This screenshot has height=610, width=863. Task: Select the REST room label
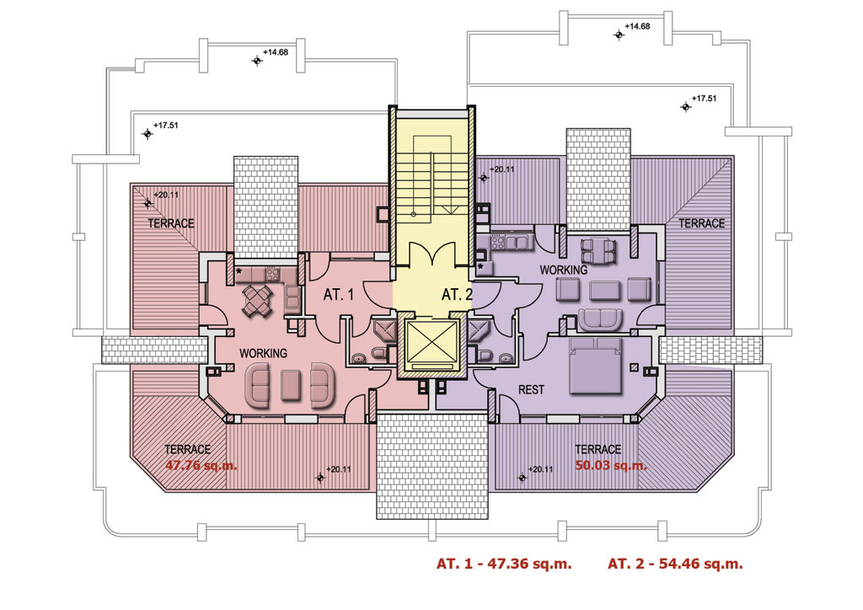[x=531, y=390]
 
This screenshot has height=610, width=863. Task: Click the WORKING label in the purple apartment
[x=564, y=270]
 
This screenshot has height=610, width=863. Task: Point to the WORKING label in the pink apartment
[x=263, y=352]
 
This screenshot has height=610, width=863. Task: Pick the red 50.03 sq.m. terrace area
[x=611, y=464]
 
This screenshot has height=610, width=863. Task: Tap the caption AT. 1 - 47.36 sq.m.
[x=504, y=564]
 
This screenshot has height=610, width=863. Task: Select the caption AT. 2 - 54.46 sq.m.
[x=675, y=564]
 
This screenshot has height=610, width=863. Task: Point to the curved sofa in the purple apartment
[x=599, y=318]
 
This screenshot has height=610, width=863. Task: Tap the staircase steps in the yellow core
[x=431, y=181]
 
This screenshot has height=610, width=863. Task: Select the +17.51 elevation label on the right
[x=704, y=99]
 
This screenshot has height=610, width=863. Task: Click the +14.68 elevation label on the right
[x=637, y=26]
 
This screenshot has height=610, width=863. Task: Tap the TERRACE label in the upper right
[x=701, y=223]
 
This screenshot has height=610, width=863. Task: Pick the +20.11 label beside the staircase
[x=501, y=169]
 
